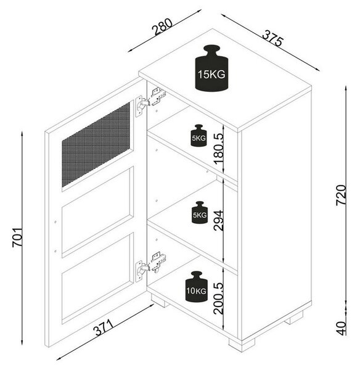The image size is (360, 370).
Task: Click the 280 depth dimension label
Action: coord(163,27)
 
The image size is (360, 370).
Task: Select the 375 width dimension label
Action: coord(272,38)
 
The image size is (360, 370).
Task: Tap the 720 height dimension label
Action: coord(341,195)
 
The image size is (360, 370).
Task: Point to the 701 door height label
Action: coord(17,237)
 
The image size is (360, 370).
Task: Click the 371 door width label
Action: coord(104,327)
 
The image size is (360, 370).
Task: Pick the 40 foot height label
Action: coord(341,328)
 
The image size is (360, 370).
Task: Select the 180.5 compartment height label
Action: coord(218,149)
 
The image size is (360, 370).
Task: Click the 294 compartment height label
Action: coord(218,220)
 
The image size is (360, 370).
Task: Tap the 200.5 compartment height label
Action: coord(218,298)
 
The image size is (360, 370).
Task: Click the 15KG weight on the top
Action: coord(211,68)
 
